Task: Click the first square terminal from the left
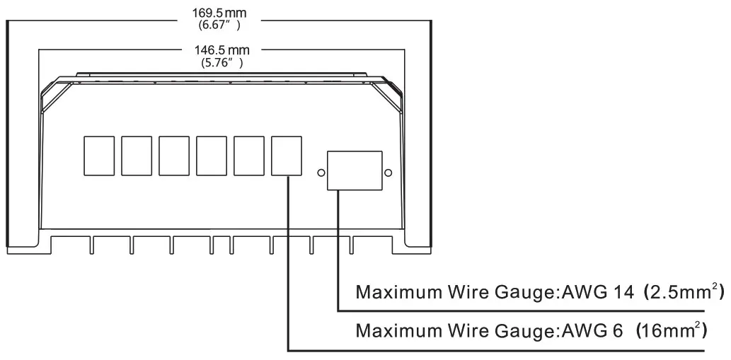99,156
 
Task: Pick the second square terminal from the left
137,156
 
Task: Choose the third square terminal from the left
174,156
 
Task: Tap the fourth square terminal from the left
212,156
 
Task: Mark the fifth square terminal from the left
249,156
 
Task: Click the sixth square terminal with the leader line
287,156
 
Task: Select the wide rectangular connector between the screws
355,170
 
